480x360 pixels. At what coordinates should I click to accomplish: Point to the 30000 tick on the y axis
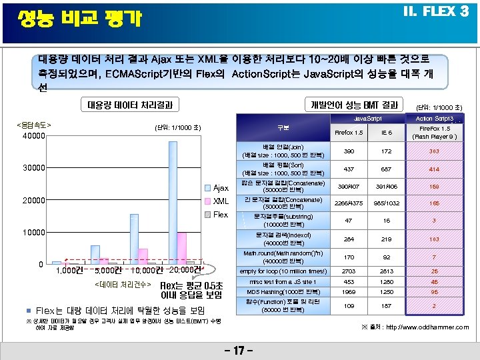point(32,168)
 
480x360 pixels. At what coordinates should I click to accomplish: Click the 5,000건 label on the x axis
point(107,270)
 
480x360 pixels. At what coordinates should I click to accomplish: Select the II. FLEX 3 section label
point(434,12)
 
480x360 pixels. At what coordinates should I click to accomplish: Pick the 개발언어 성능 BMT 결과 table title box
point(354,105)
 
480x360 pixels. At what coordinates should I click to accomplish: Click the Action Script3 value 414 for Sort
point(434,169)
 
